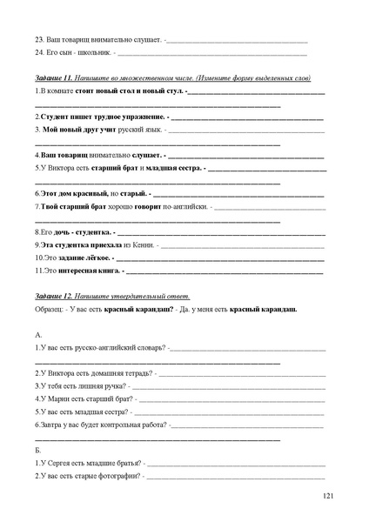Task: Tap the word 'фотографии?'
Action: tap(123, 477)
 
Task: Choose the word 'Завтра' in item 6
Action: tap(51, 425)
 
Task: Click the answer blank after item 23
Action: tap(236, 40)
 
